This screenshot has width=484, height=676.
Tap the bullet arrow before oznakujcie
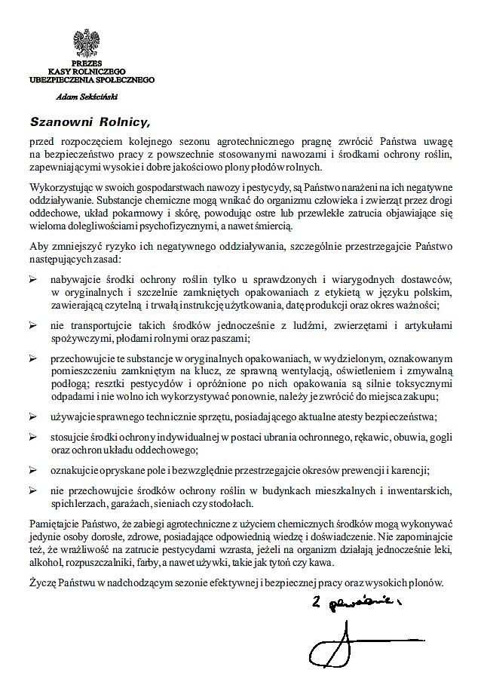(33, 469)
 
